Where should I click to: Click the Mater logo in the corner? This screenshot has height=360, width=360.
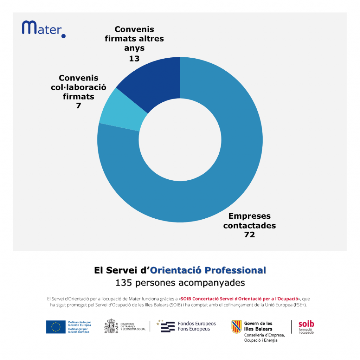pyautogui.click(x=43, y=28)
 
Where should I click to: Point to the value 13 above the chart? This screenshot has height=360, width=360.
pyautogui.click(x=134, y=58)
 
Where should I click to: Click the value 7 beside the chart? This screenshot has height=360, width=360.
pyautogui.click(x=78, y=105)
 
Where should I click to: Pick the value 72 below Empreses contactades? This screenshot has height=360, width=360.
pyautogui.click(x=249, y=235)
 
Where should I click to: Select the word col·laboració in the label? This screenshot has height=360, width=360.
pyautogui.click(x=78, y=87)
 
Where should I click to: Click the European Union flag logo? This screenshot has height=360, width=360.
pyautogui.click(x=56, y=327)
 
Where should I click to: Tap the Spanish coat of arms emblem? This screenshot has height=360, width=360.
pyautogui.click(x=111, y=326)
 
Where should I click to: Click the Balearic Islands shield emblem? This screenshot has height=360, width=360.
pyautogui.click(x=236, y=327)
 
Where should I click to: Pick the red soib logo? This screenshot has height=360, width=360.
pyautogui.click(x=306, y=327)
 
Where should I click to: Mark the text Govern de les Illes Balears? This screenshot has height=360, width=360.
pyautogui.click(x=258, y=326)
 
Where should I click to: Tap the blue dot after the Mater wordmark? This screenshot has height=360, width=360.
pyautogui.click(x=63, y=36)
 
